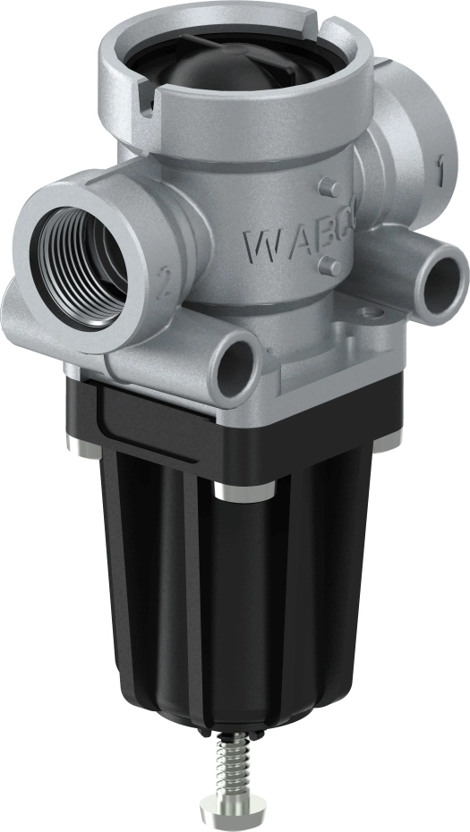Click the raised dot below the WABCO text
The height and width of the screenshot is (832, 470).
pos(329,266)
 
